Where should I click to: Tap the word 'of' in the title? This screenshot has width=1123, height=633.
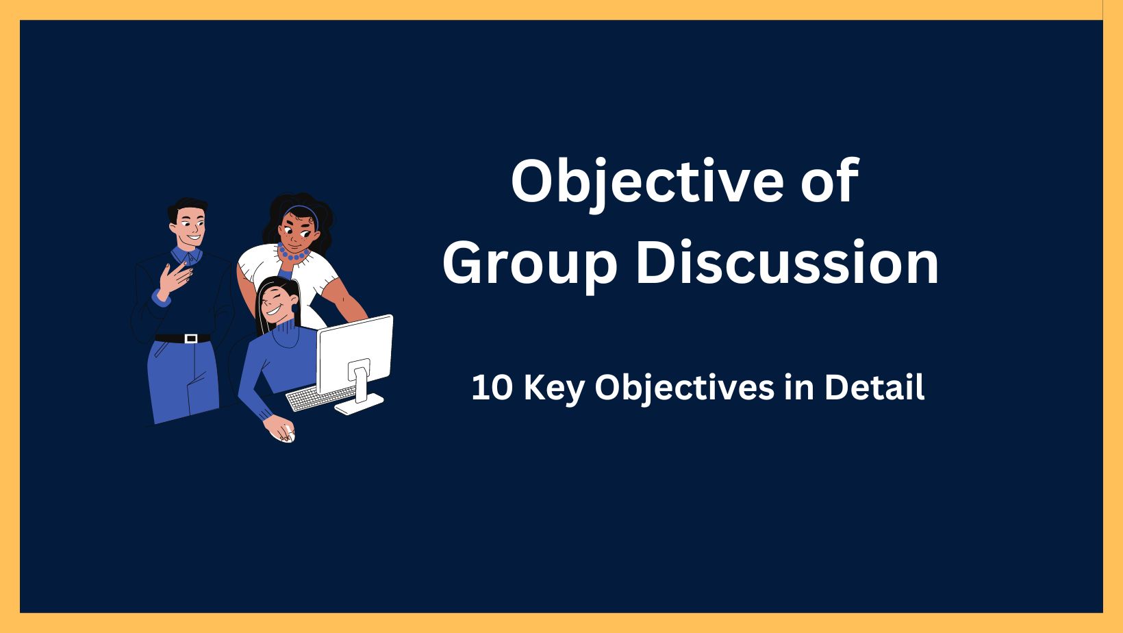click(830, 181)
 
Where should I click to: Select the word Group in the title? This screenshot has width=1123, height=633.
click(530, 265)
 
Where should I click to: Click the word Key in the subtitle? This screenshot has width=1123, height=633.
click(555, 389)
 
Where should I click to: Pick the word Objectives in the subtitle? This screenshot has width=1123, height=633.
click(684, 389)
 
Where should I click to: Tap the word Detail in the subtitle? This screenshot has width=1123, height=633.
click(874, 387)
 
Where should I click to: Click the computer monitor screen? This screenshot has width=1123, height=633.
click(355, 353)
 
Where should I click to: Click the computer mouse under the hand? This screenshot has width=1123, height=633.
click(288, 434)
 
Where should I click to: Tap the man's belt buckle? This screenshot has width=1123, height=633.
click(190, 338)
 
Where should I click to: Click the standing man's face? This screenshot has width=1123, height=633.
click(190, 225)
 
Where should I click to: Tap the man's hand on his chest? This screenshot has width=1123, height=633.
click(175, 279)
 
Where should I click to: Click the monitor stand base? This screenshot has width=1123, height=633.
click(359, 404)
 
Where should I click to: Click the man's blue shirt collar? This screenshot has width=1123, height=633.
click(186, 256)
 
